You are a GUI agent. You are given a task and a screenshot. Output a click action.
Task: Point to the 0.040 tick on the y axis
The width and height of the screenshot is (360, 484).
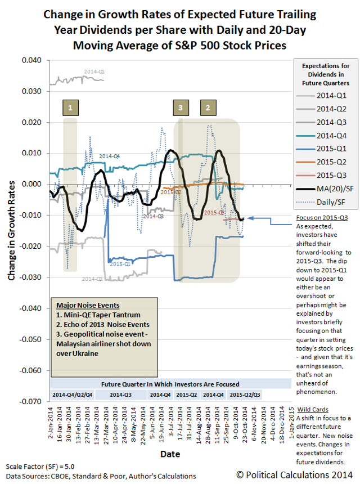[x=31, y=60]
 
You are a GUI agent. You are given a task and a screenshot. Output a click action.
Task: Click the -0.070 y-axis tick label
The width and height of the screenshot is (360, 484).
[x=30, y=402]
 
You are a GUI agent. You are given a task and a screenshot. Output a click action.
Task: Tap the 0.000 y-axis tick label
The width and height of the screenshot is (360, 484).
[x=31, y=184]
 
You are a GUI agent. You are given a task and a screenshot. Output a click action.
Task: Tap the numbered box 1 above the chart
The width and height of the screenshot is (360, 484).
[x=70, y=107]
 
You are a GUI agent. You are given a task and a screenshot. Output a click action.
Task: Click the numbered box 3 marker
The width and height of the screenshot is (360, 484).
[x=180, y=107]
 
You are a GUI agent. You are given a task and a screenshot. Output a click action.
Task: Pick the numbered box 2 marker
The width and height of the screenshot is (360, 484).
[x=208, y=107]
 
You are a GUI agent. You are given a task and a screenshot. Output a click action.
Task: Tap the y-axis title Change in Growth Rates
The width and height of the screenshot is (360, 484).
[x=12, y=231]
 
